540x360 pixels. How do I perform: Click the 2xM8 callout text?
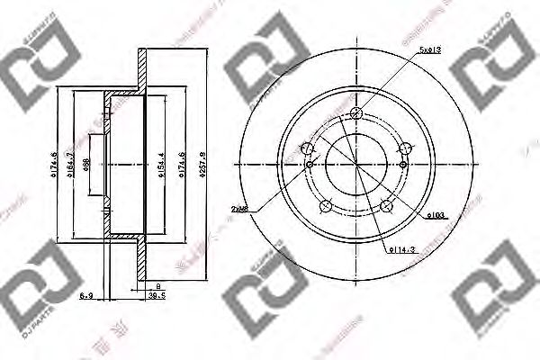point(239,209)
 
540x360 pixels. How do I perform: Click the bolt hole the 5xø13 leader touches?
point(356,113)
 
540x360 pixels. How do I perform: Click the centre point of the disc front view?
point(356,165)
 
